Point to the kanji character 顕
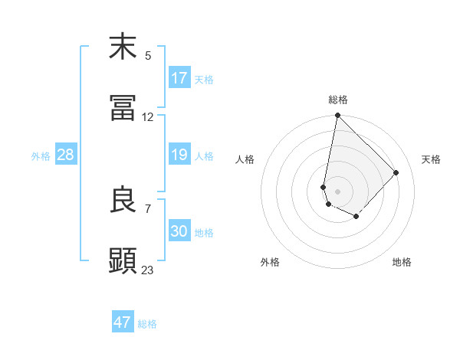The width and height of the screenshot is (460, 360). pyautogui.click(x=123, y=260)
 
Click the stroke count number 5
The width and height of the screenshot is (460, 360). pyautogui.click(x=148, y=55)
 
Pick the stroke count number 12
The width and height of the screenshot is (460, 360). pyautogui.click(x=148, y=117)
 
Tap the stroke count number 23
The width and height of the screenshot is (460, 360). pyautogui.click(x=148, y=270)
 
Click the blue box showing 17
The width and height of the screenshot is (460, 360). pyautogui.click(x=179, y=78)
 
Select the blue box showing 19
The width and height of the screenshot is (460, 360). pyautogui.click(x=179, y=155)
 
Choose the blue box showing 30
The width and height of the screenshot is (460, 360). pyautogui.click(x=179, y=231)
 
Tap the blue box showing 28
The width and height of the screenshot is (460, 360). pyautogui.click(x=66, y=155)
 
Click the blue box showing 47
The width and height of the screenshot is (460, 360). pyautogui.click(x=123, y=322)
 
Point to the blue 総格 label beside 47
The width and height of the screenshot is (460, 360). pyautogui.click(x=147, y=324)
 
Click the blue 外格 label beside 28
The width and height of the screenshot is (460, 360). pyautogui.click(x=41, y=156)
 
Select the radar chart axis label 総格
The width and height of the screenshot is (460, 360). pyautogui.click(x=338, y=100)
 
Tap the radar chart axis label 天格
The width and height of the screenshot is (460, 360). pyautogui.click(x=431, y=159)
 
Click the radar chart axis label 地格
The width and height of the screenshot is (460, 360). pyautogui.click(x=402, y=262)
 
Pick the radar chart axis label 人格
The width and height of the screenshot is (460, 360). pyautogui.click(x=245, y=159)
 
